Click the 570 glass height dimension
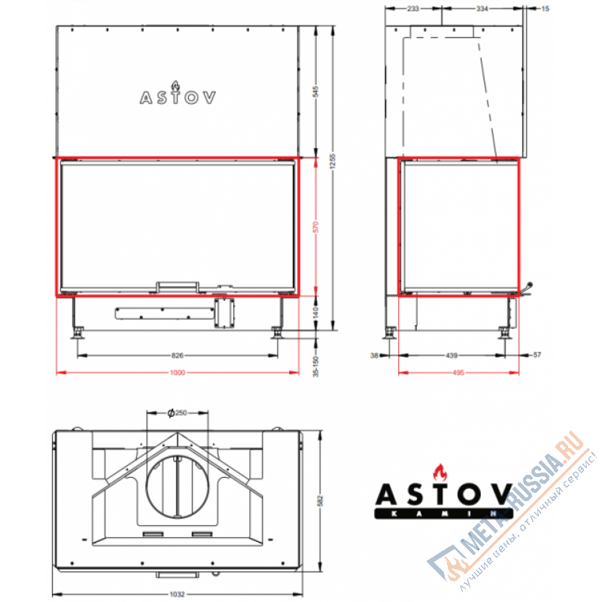click(317, 226)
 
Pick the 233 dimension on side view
click(413, 9)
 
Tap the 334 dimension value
click(482, 9)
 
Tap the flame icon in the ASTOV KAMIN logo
click(439, 473)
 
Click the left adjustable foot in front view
click(77, 330)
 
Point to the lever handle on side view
click(530, 289)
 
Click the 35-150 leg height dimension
click(317, 360)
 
